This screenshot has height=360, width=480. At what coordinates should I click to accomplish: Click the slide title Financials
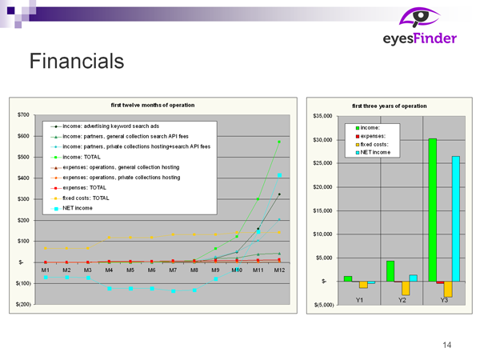(76, 61)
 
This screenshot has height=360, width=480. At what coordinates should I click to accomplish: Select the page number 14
(446, 345)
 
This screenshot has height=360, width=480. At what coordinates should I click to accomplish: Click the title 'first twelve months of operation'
(152, 105)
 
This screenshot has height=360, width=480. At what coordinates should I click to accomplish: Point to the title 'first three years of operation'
(390, 106)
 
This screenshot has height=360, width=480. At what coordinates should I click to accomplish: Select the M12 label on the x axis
(279, 270)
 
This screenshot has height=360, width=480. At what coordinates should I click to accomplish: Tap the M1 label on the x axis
(46, 270)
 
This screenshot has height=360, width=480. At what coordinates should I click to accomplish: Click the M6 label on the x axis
(152, 270)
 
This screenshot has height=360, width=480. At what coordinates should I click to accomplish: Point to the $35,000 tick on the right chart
(321, 117)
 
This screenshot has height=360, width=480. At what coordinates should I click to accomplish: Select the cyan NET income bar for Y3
(456, 218)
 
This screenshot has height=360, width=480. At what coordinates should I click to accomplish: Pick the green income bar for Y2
(390, 270)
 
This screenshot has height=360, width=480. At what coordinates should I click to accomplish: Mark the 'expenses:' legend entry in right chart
(373, 136)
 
